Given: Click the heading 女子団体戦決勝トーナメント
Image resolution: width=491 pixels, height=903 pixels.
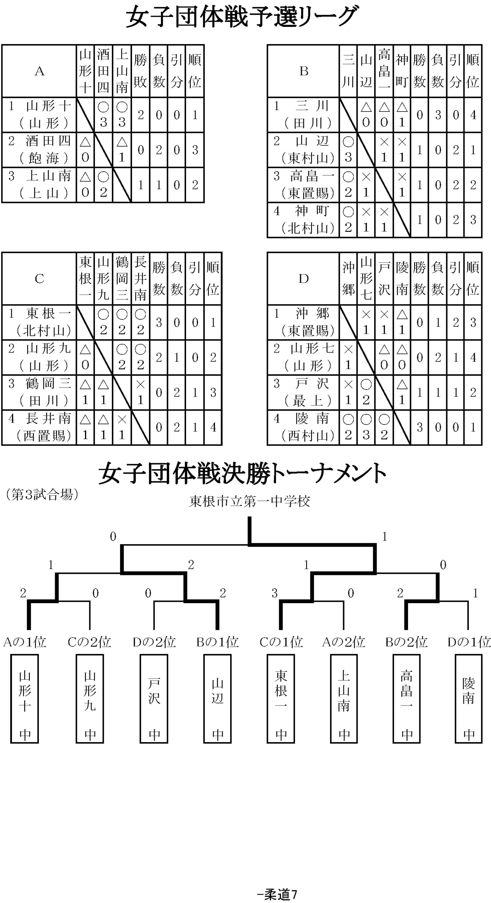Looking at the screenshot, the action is [242, 473].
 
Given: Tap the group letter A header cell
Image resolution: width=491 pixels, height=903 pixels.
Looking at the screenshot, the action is [40, 71].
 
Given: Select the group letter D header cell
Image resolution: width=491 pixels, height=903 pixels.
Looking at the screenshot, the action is [304, 279].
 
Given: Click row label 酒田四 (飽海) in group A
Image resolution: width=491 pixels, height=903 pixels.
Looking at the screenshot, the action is [40, 150].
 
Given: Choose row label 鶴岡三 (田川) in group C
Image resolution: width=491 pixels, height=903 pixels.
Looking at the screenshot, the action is [40, 392].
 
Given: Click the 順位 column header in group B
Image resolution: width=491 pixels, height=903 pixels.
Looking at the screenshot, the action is [473, 71].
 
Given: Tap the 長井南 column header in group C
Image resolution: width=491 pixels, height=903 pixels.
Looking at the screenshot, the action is [140, 279].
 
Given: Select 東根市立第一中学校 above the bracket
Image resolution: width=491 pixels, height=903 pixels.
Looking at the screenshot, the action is [250, 501].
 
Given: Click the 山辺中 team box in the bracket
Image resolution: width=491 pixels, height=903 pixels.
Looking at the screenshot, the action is [217, 699].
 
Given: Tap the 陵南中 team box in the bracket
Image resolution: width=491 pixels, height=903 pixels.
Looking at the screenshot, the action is [468, 699].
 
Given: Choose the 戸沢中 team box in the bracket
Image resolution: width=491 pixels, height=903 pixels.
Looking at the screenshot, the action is [154, 699].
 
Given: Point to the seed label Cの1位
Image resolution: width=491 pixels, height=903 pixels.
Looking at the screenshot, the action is [281, 642].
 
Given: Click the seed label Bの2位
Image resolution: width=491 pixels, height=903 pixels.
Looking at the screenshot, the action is [406, 642].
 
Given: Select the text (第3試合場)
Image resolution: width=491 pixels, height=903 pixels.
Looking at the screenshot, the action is [42, 495].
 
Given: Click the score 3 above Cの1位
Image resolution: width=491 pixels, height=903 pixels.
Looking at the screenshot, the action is [275, 593].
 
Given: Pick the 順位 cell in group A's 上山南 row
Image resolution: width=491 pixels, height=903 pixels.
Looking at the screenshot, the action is [195, 185].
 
